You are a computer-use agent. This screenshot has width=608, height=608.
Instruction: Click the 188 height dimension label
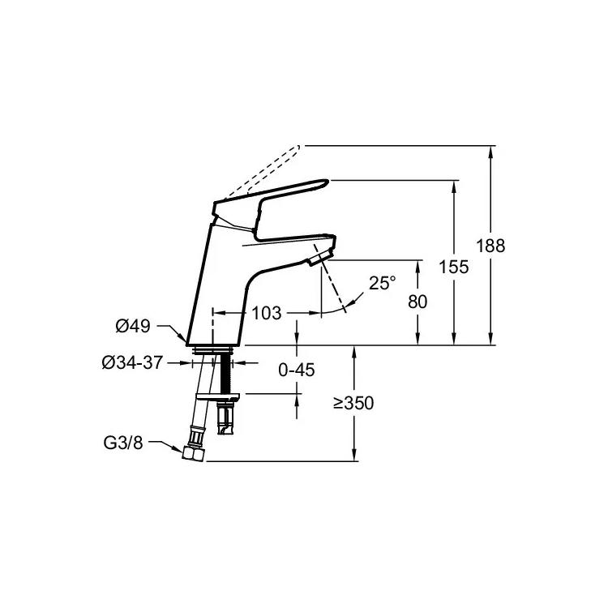(x=490, y=246)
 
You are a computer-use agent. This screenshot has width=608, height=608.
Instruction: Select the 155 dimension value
(x=454, y=267)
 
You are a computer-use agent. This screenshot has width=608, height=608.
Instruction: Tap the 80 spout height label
(x=417, y=302)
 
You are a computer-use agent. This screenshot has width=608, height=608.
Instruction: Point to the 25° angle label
(x=383, y=283)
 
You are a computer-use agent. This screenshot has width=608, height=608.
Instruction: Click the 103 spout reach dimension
(x=267, y=313)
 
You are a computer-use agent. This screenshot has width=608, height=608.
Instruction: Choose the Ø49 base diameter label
(x=133, y=326)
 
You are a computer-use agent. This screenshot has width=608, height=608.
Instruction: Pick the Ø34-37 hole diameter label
(x=132, y=363)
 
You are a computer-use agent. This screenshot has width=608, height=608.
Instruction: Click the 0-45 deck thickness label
(x=297, y=370)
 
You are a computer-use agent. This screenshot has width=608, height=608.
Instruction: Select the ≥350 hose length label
(x=353, y=403)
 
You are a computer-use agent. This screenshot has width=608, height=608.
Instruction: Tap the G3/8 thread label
(x=123, y=443)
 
